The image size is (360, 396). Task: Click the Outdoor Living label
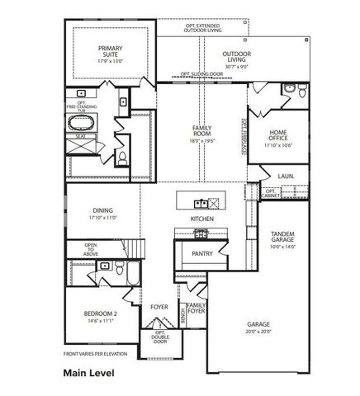tap(236, 57)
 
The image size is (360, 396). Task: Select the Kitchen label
tap(202, 219)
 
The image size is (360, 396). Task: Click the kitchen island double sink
tap(200, 202)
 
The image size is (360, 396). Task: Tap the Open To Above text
tap(90, 250)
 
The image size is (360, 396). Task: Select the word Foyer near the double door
tap(159, 307)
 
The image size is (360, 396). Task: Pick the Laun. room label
tap(287, 176)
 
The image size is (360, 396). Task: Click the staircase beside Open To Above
tap(128, 247)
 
